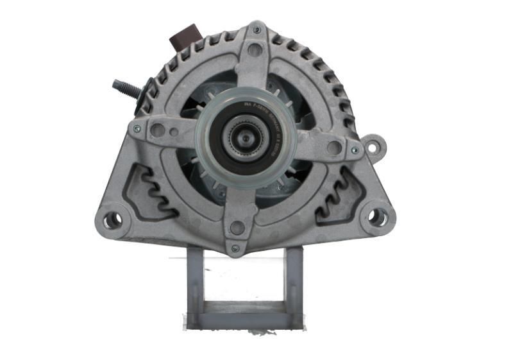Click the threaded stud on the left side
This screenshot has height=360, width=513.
tap(126, 87)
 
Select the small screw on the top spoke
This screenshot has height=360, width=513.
tap(256, 30)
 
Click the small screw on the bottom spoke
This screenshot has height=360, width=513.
tap(235, 248)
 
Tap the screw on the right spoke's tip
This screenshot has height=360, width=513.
tap(354, 150)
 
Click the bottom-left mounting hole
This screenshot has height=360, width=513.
tap(113, 219)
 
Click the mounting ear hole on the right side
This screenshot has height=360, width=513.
tap(372, 147)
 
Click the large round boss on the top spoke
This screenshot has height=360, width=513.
tap(255, 49)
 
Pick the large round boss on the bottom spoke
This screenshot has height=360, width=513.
tap(237, 227)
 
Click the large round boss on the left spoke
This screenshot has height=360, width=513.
tap(157, 130)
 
